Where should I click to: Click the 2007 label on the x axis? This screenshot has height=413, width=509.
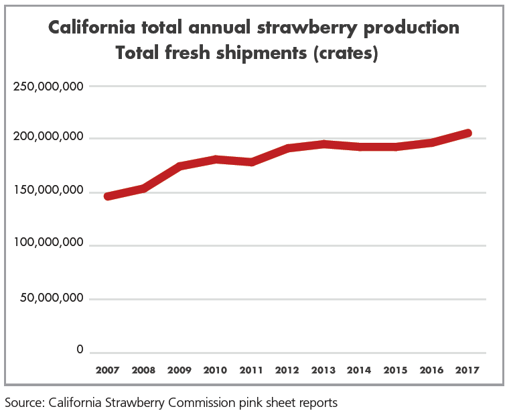pos(107,369)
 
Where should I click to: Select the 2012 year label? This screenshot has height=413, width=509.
pos(287,369)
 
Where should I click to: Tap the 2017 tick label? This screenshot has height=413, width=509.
pos(467,369)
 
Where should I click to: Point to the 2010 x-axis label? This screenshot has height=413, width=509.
pos(215,369)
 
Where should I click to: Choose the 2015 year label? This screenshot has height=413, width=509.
pos(395,369)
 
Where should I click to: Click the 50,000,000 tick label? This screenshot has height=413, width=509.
pos(52,298)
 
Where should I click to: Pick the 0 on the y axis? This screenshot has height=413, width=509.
pos(80,350)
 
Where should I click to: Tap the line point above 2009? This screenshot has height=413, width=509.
pos(179,166)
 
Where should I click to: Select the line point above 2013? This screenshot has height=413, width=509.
pos(323,143)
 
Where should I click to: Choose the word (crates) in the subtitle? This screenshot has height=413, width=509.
pos(344,53)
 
